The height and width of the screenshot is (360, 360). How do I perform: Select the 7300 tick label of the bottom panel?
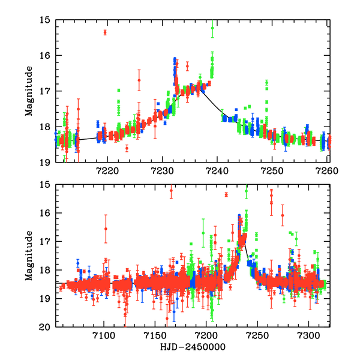(309, 335)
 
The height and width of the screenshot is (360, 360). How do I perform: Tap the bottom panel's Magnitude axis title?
(28, 256)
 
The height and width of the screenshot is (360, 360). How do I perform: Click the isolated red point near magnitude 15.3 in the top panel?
(105, 32)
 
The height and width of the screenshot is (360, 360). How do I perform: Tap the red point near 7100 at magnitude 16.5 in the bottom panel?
(106, 229)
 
